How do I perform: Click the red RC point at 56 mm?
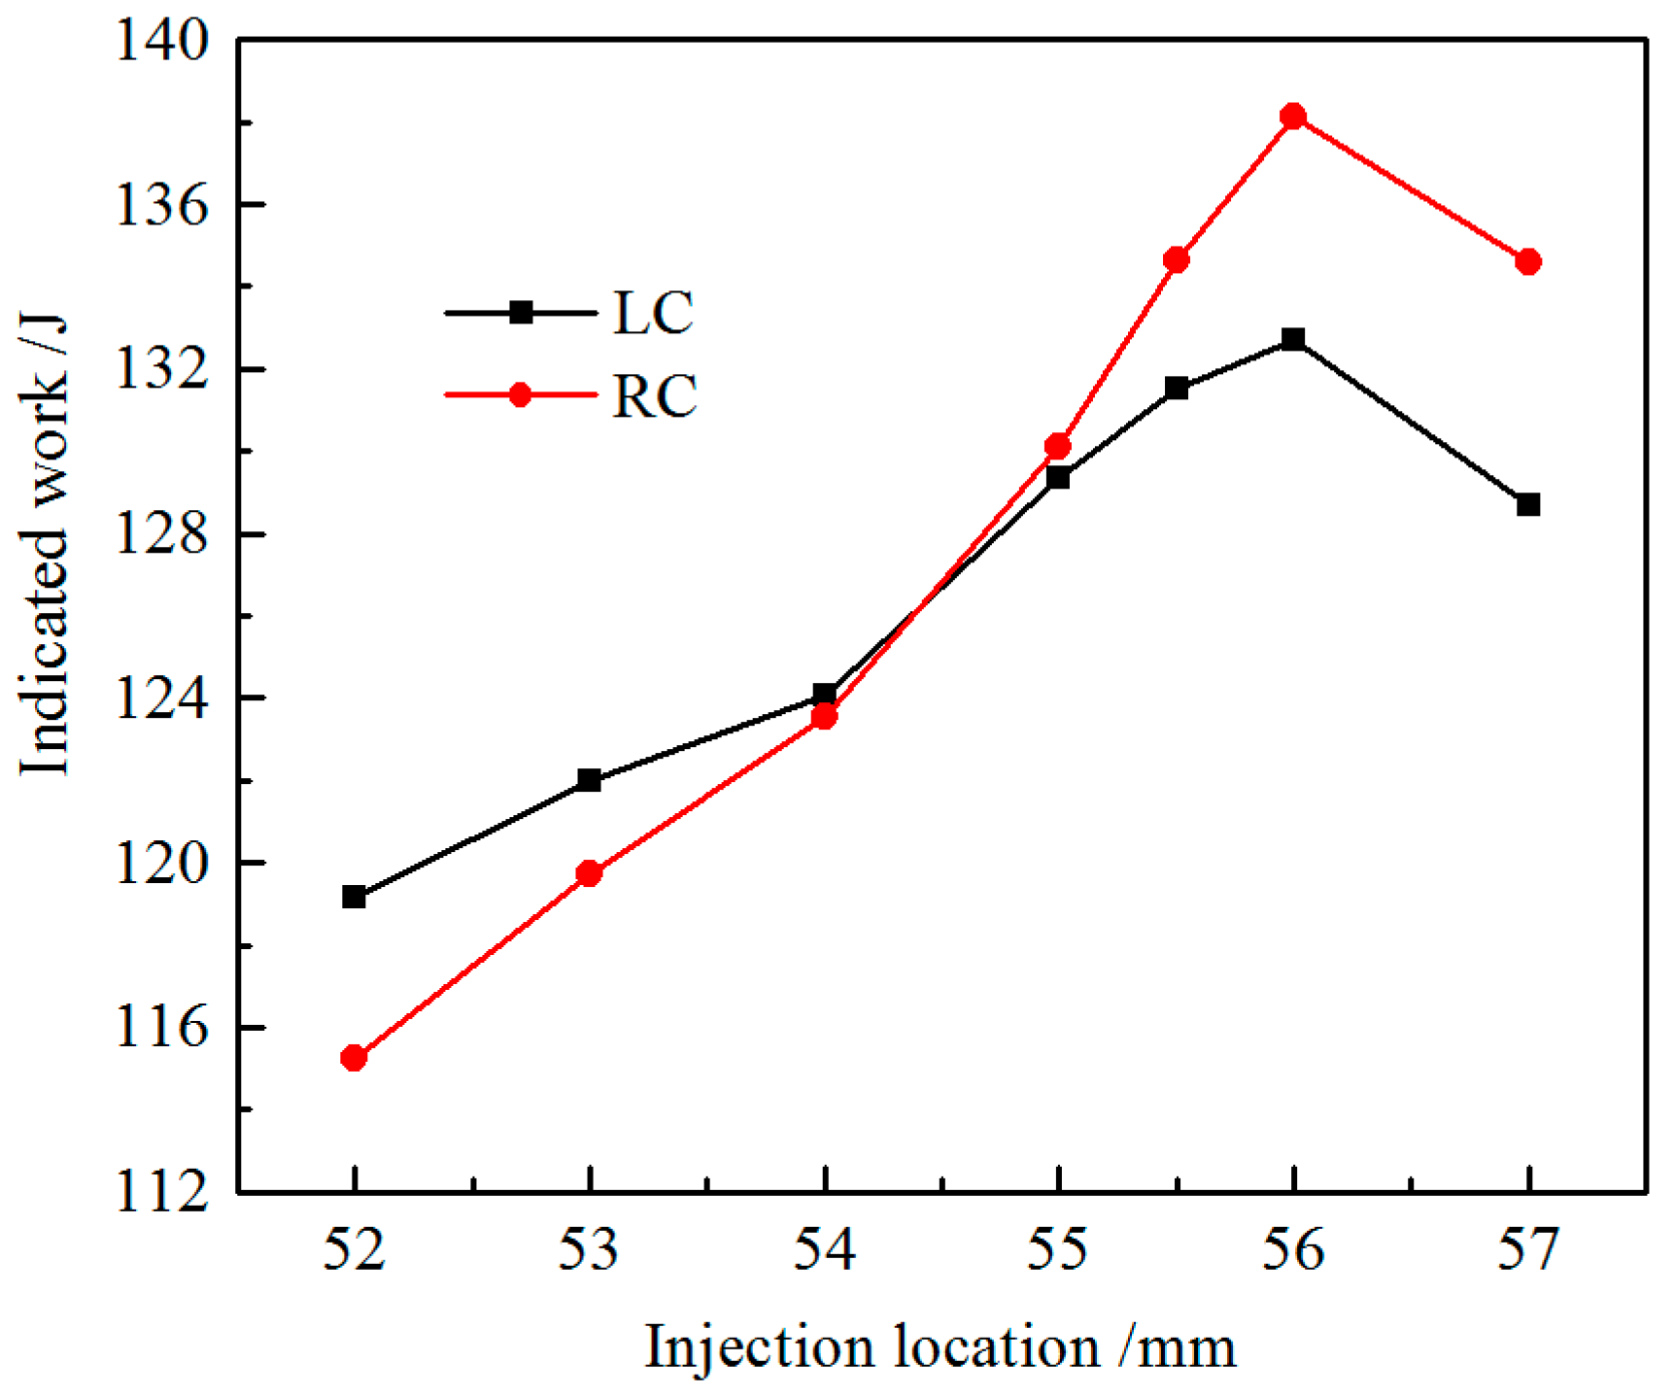click(x=1293, y=117)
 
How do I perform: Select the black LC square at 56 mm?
click(x=1293, y=339)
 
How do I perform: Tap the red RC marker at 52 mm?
click(x=354, y=1058)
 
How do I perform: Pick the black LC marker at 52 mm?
click(x=354, y=897)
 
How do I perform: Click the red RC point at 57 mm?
click(x=1528, y=261)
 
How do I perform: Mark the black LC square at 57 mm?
click(x=1528, y=505)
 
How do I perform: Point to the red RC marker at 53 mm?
click(x=589, y=873)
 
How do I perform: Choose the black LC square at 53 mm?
click(x=589, y=780)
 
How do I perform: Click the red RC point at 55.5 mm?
click(x=1177, y=259)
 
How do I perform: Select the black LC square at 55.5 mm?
click(x=1177, y=389)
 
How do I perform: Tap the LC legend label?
click(x=653, y=313)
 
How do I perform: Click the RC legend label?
click(x=655, y=395)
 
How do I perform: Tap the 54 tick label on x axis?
click(x=825, y=1249)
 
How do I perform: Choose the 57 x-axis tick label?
click(x=1528, y=1249)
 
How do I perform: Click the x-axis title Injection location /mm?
click(x=940, y=1348)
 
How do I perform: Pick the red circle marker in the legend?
click(x=521, y=394)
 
